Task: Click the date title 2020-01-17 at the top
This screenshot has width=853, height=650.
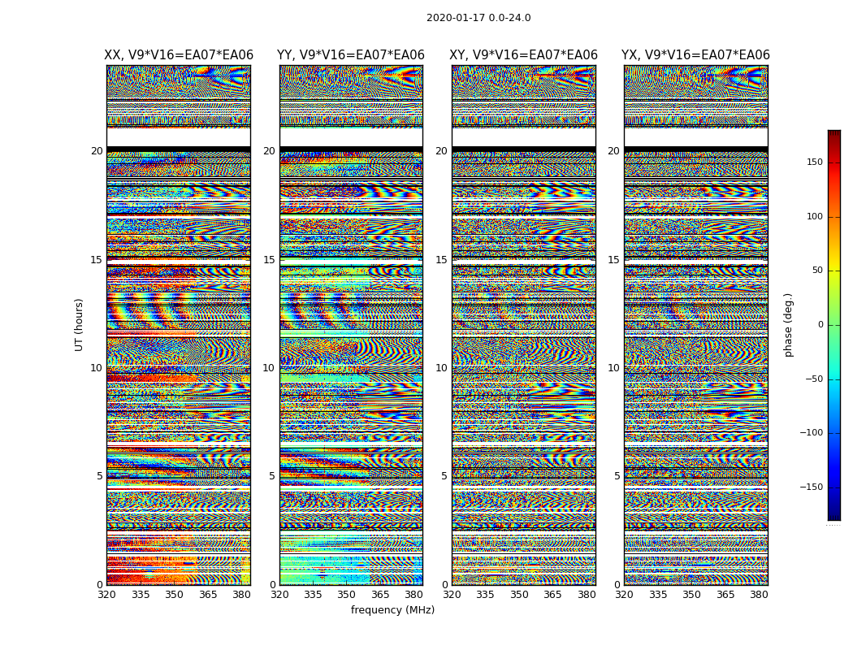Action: [478, 18]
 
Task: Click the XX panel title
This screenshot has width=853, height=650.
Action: [179, 55]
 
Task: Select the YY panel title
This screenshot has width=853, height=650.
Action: [351, 55]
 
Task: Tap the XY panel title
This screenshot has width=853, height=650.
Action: [524, 55]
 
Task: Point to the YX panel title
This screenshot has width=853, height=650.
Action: [695, 55]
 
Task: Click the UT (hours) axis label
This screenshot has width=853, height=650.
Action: [80, 324]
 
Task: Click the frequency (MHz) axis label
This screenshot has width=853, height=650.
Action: [392, 610]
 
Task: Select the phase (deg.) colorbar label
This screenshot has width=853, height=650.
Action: [789, 324]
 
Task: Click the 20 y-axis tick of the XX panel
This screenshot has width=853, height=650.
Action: [97, 151]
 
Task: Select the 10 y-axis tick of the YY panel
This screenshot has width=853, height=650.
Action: [269, 368]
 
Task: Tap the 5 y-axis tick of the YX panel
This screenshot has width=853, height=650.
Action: [617, 476]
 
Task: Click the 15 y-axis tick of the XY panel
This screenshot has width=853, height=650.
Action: [441, 260]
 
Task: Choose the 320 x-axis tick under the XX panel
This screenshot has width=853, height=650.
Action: [106, 595]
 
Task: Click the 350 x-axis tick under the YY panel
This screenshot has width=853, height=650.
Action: [347, 595]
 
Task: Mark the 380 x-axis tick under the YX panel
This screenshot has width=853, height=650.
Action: [759, 595]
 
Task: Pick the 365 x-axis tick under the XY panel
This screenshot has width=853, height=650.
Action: [552, 595]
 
